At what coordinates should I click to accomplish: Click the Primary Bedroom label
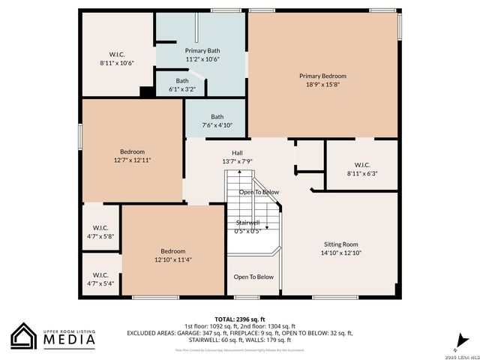322,76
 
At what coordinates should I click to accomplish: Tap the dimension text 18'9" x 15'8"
322,85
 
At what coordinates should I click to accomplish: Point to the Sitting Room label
341,244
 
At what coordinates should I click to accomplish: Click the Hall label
237,153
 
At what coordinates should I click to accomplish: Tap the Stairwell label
247,223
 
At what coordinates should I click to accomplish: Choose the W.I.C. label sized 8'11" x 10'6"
116,54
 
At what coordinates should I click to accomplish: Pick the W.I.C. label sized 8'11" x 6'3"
362,165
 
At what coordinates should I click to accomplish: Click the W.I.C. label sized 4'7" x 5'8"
100,227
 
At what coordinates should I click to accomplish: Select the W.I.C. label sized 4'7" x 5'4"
100,274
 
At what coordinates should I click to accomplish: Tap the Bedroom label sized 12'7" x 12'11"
133,151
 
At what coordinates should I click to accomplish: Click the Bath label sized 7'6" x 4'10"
217,116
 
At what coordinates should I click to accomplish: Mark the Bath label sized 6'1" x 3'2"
182,80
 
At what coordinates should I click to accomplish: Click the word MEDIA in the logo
67,340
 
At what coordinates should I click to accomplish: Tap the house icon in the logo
24,337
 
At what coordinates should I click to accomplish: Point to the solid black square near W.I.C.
148,91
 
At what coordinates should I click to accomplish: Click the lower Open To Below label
253,277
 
